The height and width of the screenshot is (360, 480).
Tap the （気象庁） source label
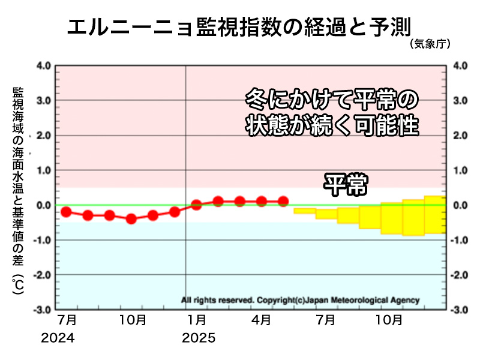(430, 44)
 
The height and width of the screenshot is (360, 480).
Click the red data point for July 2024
(66, 211)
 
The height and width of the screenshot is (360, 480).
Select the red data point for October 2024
(131, 219)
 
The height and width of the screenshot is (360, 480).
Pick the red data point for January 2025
(196, 205)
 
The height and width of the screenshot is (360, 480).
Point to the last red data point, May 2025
(283, 201)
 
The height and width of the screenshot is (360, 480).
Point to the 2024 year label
(58, 338)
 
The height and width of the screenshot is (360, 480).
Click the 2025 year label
(198, 338)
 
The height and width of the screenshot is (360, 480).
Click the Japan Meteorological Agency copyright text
(300, 300)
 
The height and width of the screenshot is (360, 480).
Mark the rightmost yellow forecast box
(434, 215)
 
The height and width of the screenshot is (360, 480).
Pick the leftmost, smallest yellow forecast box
(305, 211)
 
